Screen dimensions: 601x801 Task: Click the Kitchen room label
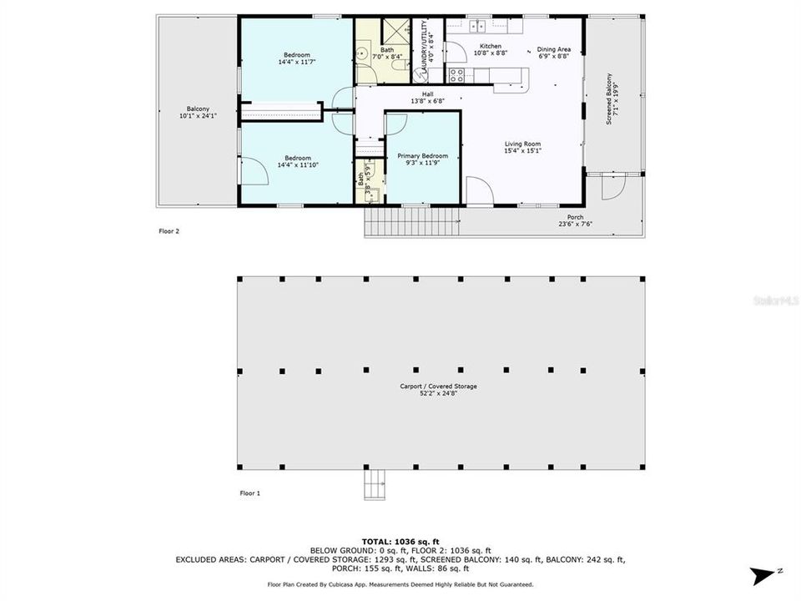tap(490, 46)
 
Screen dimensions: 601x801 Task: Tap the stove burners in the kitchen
tap(456, 76)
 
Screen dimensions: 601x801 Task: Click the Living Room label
tap(522, 144)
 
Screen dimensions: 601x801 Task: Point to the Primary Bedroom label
tap(422, 156)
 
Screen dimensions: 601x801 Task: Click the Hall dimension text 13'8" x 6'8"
tap(427, 100)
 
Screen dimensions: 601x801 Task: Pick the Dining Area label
tap(553, 50)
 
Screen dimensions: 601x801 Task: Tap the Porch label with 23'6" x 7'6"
tap(576, 218)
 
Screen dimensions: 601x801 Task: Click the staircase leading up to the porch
tap(412, 222)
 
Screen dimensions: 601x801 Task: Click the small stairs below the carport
tap(374, 485)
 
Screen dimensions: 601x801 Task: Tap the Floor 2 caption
tap(169, 231)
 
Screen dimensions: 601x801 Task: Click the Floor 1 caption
tap(250, 493)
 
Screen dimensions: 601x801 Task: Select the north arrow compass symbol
tap(763, 575)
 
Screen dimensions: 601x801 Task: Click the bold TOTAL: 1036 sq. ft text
tap(400, 541)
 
